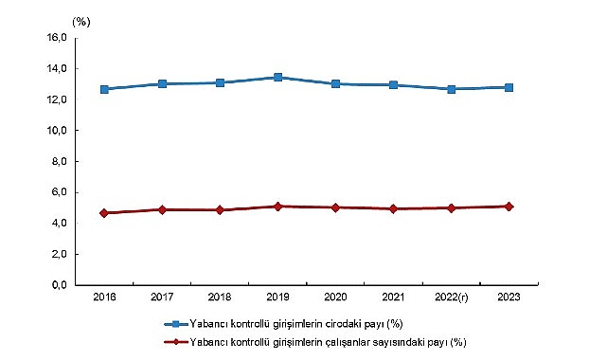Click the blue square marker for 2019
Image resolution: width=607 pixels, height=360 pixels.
[277, 78]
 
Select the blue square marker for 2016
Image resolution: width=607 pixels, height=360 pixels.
[103, 89]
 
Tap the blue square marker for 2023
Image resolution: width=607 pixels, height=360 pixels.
[509, 87]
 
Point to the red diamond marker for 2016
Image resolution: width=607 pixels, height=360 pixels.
[103, 213]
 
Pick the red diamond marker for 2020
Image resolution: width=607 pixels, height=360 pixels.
[335, 207]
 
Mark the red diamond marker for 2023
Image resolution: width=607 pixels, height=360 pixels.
[509, 206]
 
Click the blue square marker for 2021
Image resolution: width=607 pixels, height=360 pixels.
[393, 85]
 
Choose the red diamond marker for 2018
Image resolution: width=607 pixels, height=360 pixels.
[220, 209]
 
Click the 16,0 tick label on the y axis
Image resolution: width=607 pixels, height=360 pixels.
[56, 38]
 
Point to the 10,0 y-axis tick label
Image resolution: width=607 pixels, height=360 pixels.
[56, 131]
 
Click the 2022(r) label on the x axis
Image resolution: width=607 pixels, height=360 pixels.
[451, 298]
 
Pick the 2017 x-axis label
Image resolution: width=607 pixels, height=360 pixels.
[162, 298]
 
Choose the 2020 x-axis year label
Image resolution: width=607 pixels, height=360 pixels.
[335, 298]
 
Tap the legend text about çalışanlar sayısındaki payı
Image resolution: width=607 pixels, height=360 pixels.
[330, 342]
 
